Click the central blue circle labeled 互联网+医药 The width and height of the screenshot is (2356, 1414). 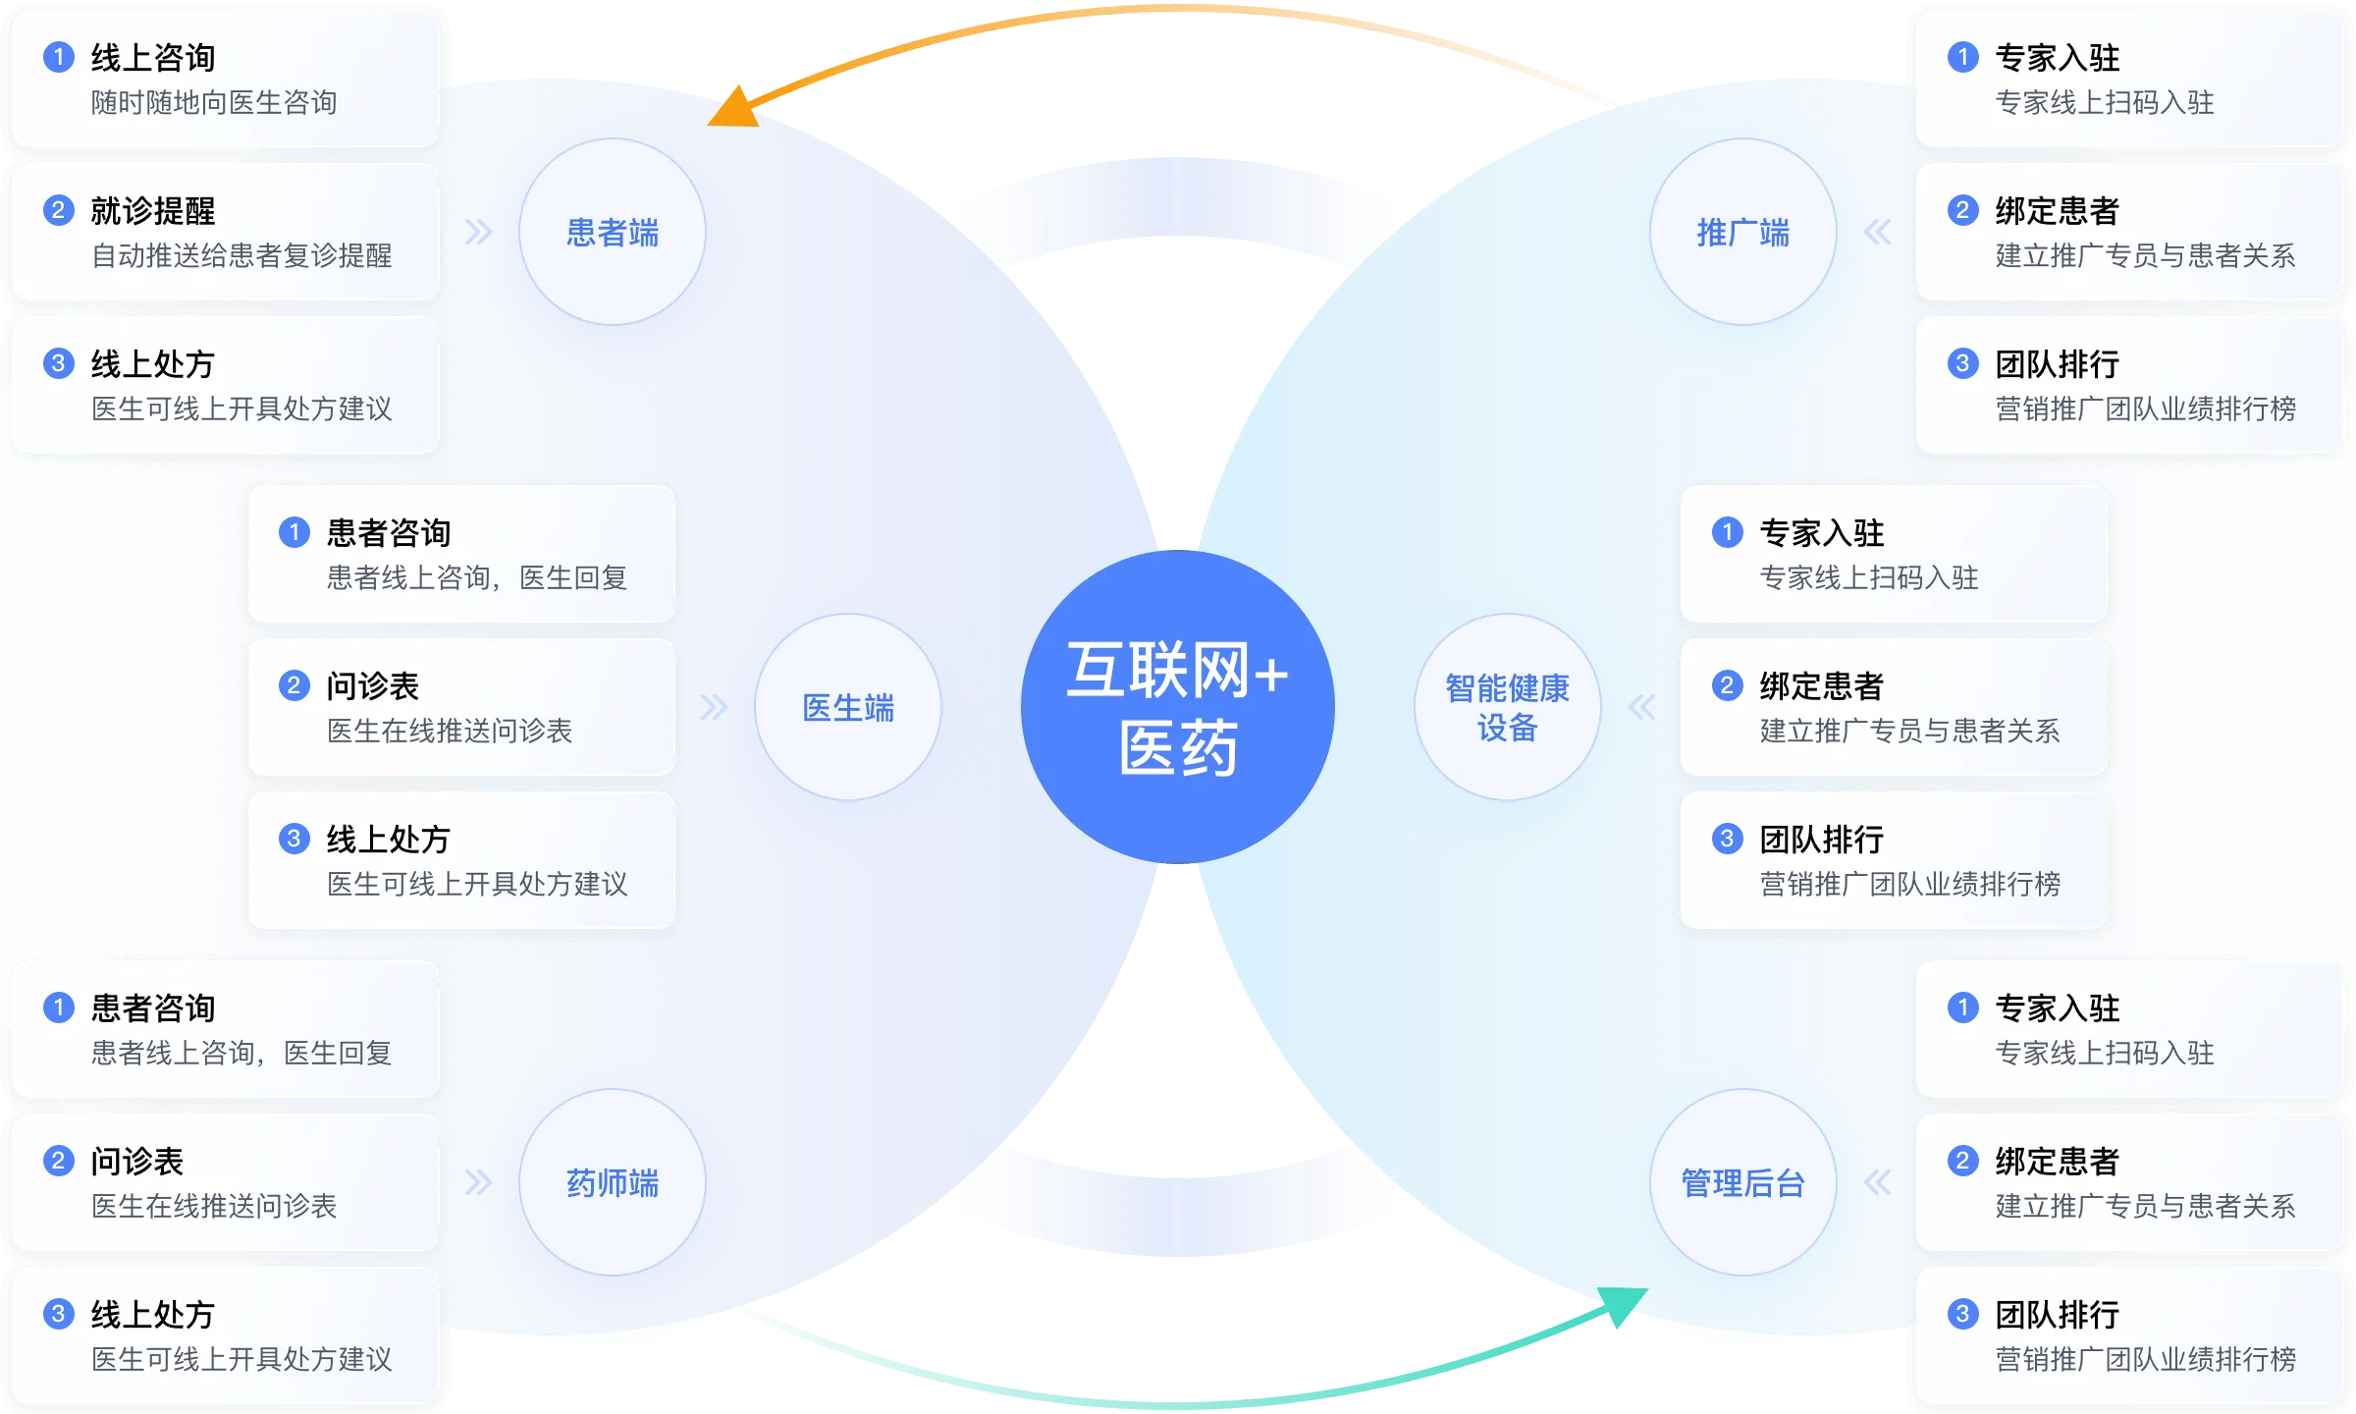click(x=1177, y=707)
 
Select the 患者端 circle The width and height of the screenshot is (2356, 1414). click(x=613, y=232)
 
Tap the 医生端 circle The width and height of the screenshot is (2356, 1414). click(x=848, y=707)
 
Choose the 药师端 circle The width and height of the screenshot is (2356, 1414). click(x=613, y=1182)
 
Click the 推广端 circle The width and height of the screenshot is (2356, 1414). click(x=1742, y=232)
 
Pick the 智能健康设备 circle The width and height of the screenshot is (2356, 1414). click(x=1507, y=707)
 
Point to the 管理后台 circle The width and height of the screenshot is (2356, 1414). click(x=1742, y=1182)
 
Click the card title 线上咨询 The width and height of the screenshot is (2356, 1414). click(x=153, y=58)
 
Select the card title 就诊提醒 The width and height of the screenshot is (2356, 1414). click(x=153, y=211)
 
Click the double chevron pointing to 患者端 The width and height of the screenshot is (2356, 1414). click(x=478, y=232)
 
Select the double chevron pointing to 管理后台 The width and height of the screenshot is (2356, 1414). click(x=1877, y=1182)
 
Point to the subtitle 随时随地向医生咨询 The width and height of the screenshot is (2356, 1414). click(x=214, y=102)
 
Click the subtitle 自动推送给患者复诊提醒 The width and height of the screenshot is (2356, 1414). click(x=241, y=255)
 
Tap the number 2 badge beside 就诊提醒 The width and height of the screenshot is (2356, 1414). click(x=59, y=210)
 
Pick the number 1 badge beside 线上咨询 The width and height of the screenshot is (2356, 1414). click(x=59, y=57)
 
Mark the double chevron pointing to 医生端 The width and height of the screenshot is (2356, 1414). click(x=714, y=707)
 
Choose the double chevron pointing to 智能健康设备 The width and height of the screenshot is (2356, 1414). click(x=1641, y=707)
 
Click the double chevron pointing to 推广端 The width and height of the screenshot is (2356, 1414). click(x=1877, y=232)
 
